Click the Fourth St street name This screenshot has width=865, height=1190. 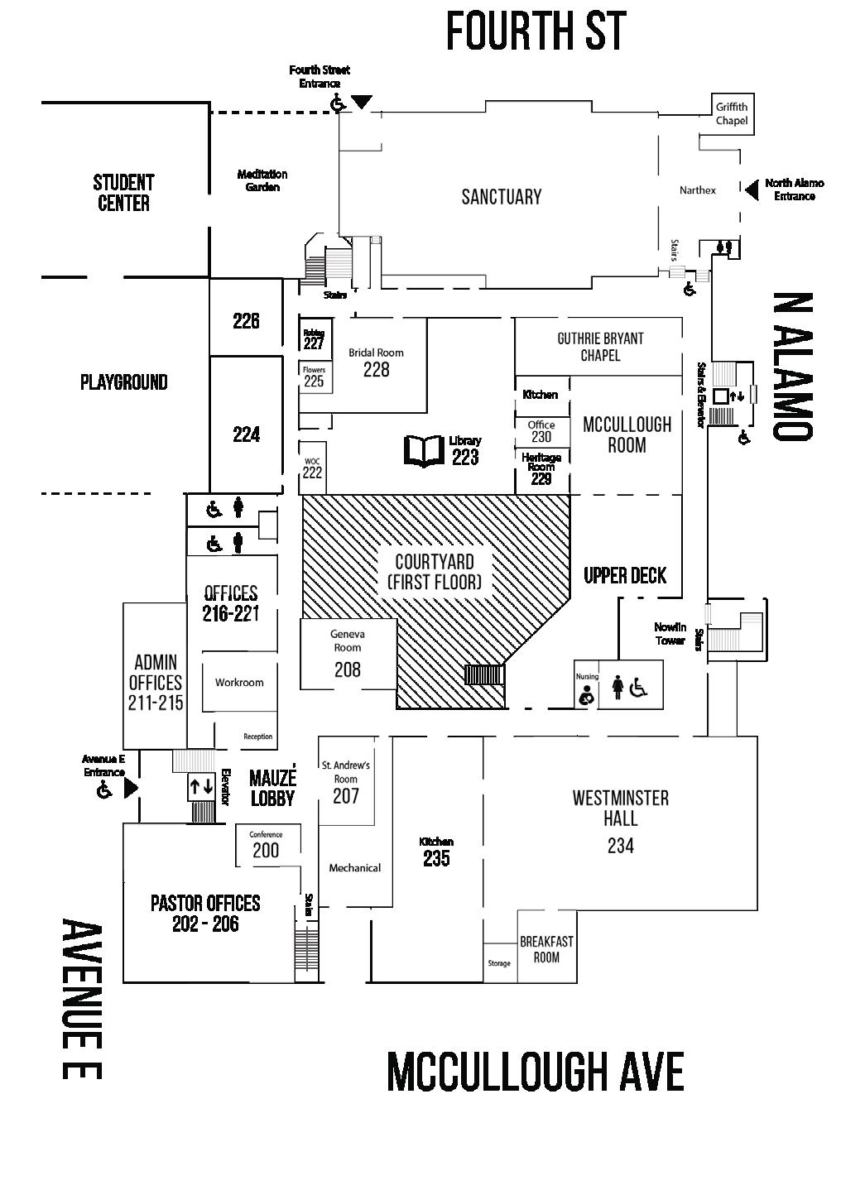coord(536,31)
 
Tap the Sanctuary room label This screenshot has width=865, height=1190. coord(501,197)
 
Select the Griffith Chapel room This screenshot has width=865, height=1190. coord(732,113)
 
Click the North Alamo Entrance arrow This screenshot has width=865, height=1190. coord(751,190)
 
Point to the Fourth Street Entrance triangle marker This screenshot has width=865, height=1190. coord(362,102)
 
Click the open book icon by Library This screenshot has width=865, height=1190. coord(423,451)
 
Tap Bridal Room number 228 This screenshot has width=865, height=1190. coord(376,370)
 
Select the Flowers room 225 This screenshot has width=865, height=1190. coord(314,377)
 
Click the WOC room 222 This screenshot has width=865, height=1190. coord(312,469)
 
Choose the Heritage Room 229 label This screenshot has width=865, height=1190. coord(541,468)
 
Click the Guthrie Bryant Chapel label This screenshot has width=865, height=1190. coord(600,347)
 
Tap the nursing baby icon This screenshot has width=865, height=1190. coord(586,695)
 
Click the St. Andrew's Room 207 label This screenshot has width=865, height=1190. coord(346,782)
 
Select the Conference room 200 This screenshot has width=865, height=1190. coord(266,846)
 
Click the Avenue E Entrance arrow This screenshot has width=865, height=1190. coord(131,789)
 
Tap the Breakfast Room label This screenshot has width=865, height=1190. coord(546,949)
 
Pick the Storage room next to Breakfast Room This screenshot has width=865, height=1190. coord(499,963)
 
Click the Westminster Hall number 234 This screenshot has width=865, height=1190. coord(620,845)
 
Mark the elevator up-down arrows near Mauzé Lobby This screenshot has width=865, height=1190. coord(201,787)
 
